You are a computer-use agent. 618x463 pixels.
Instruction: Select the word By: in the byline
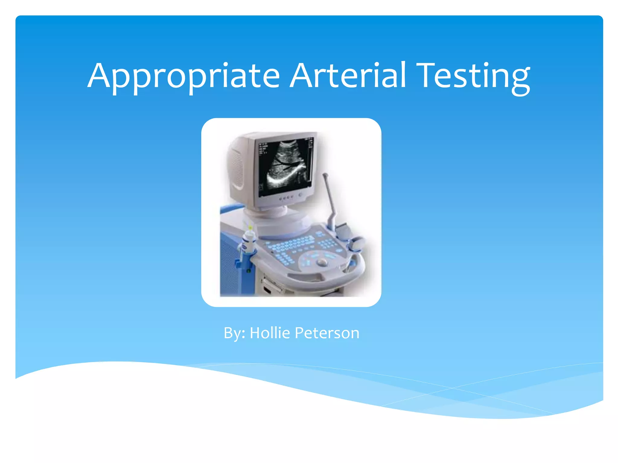(234, 333)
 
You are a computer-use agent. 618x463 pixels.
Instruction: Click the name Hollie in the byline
(270, 333)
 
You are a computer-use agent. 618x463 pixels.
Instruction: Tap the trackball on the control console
(322, 262)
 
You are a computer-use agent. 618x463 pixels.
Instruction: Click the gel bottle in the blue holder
(248, 240)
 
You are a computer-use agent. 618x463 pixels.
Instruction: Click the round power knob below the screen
(301, 195)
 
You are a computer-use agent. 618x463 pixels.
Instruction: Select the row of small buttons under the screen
(286, 198)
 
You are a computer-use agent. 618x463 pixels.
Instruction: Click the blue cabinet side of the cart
(229, 265)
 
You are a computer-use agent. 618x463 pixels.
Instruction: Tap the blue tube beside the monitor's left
(231, 208)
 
